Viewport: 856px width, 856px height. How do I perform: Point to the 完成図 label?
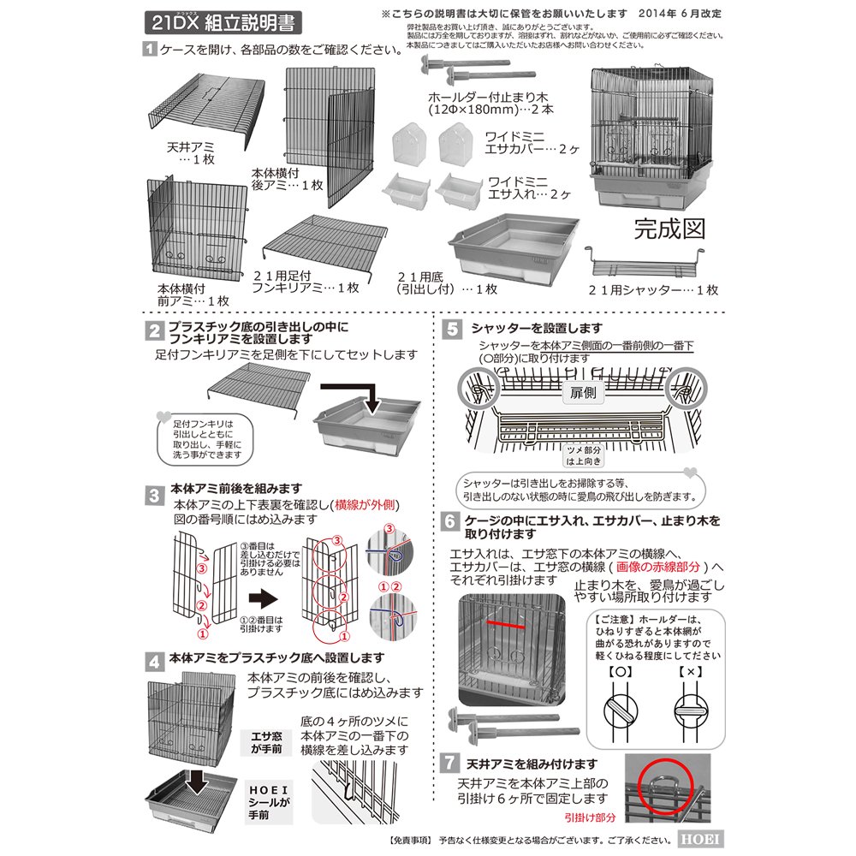click(669, 229)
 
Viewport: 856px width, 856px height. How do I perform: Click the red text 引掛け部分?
click(591, 817)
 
